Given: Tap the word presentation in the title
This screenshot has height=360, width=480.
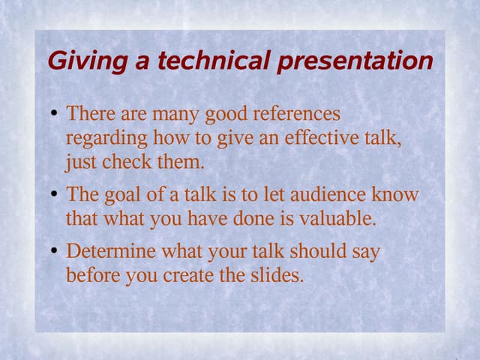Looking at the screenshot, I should [355, 61].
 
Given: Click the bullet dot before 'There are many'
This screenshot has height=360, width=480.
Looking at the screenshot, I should [54, 115].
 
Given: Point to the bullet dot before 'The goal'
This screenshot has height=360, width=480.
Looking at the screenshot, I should [54, 196].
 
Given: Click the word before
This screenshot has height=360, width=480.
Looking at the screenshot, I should [93, 275].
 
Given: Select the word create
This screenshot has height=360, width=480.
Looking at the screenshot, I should [197, 275].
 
